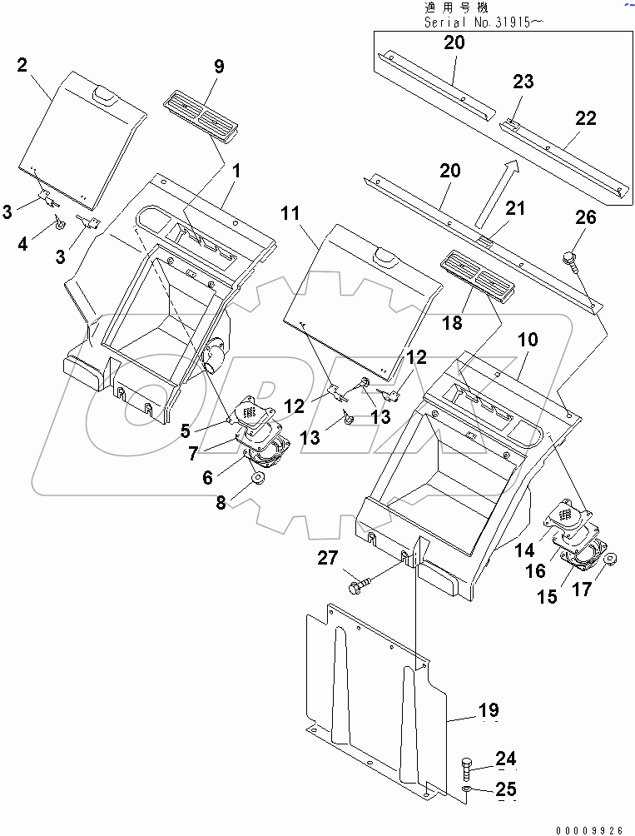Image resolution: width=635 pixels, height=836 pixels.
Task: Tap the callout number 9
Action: tap(218, 67)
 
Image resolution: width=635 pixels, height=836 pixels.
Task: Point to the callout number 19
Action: tap(488, 710)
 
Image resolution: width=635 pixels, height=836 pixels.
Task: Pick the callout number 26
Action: tap(586, 218)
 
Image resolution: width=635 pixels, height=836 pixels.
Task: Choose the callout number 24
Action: tap(506, 759)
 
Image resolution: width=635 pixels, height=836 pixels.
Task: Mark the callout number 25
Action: tap(506, 789)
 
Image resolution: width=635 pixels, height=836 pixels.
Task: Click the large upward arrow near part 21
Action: tap(494, 193)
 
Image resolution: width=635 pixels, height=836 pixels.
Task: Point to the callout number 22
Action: tap(585, 118)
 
